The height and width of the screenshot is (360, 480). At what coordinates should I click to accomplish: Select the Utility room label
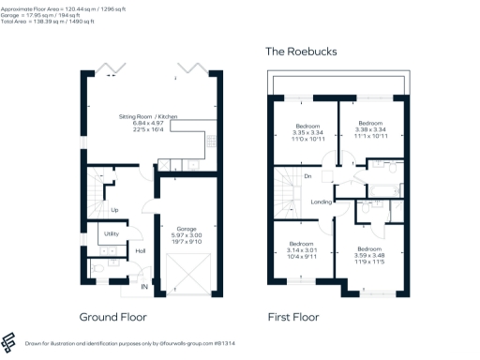tap(111, 232)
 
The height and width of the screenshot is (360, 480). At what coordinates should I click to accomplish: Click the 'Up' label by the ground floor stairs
tap(114, 209)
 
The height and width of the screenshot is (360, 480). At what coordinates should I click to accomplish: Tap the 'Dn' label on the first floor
tap(307, 176)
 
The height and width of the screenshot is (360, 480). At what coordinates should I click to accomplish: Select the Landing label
tap(320, 201)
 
